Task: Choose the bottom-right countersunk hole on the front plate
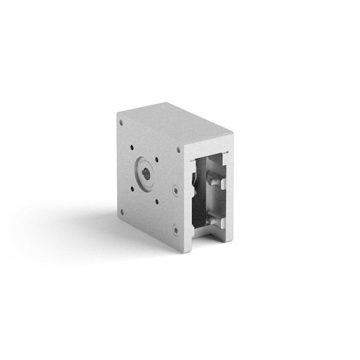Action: pos(175,229)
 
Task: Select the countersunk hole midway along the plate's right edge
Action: pos(175,191)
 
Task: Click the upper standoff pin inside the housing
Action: pos(213,178)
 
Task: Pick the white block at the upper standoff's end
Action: pos(223,182)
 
